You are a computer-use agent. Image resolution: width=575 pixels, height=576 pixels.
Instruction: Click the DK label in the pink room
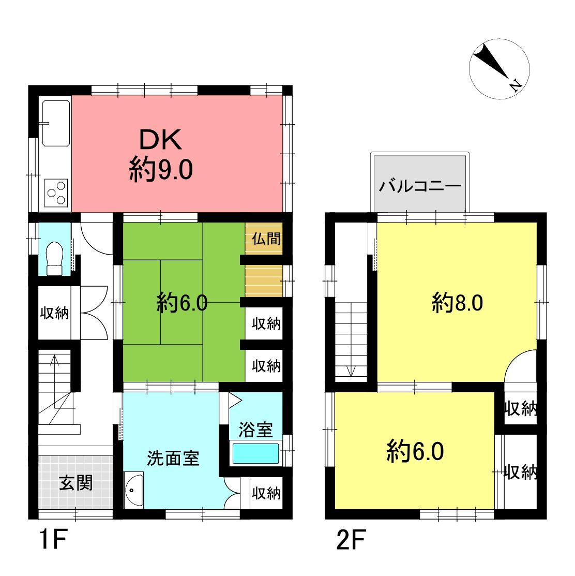(x=161, y=140)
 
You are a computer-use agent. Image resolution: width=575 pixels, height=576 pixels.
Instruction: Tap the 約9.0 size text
(x=161, y=169)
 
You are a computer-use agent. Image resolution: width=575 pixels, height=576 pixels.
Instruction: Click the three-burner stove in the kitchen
(x=56, y=193)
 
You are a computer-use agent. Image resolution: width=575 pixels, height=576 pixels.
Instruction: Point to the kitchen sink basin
(x=56, y=123)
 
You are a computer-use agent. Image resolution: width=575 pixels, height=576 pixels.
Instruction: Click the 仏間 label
(x=266, y=239)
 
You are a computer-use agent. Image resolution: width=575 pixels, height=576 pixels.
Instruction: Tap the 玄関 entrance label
(x=76, y=482)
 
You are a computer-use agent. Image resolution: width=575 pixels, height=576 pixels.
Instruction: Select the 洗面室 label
(x=173, y=458)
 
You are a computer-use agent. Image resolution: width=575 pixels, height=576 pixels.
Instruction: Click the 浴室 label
(x=255, y=430)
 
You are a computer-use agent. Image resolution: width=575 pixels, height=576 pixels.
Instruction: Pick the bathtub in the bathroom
(x=256, y=454)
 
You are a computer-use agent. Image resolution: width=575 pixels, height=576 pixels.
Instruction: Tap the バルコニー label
(x=420, y=186)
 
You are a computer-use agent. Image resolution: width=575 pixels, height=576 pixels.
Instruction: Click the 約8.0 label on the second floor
(x=457, y=303)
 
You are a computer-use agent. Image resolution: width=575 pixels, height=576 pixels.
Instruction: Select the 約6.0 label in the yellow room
(x=415, y=451)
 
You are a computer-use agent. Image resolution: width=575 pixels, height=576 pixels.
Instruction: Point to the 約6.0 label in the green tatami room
(x=182, y=303)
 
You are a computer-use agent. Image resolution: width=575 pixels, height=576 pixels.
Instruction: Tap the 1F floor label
(x=53, y=540)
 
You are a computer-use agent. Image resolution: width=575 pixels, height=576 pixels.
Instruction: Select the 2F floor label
(x=351, y=540)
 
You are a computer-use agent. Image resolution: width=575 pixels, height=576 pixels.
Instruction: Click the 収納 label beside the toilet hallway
(x=54, y=313)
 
